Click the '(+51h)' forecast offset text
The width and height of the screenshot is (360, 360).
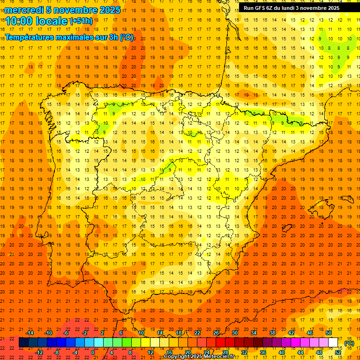(81, 21)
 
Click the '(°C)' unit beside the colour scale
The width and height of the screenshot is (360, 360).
(349, 343)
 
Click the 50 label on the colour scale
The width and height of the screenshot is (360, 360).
(329, 333)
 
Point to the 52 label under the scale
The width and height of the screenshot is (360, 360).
(338, 352)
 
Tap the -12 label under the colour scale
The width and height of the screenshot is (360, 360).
(39, 352)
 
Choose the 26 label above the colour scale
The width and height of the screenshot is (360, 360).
(216, 333)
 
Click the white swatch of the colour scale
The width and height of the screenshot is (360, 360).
(333, 343)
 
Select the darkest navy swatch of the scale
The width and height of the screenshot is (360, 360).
(23, 343)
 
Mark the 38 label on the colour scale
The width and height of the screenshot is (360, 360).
(272, 333)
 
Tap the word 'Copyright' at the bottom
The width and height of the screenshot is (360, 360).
(177, 357)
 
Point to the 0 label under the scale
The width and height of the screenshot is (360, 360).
(93, 352)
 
